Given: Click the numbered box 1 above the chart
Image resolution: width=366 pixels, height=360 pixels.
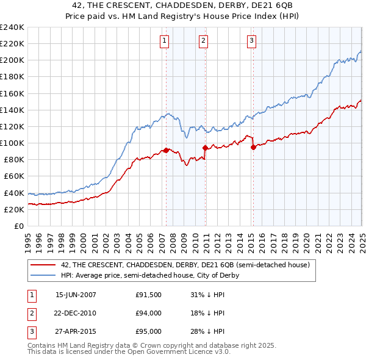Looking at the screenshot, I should pyautogui.click(x=165, y=41).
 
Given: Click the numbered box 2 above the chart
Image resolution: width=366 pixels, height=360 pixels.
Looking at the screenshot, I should pyautogui.click(x=203, y=41).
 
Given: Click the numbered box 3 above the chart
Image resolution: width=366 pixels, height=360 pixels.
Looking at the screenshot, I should pyautogui.click(x=251, y=41).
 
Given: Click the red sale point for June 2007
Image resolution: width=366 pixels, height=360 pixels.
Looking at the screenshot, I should pyautogui.click(x=166, y=150).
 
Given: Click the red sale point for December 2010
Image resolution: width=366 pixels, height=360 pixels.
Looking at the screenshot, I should pyautogui.click(x=205, y=148).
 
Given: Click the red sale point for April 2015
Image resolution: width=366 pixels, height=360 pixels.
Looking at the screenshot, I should pyautogui.click(x=253, y=147).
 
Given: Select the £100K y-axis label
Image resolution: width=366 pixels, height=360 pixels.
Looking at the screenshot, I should pyautogui.click(x=12, y=143).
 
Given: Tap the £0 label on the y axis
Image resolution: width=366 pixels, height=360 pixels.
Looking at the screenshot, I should pyautogui.click(x=19, y=226).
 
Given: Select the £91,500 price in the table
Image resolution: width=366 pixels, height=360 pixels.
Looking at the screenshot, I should pyautogui.click(x=149, y=294).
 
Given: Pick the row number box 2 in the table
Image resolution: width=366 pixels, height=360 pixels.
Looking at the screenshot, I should pyautogui.click(x=31, y=313).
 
